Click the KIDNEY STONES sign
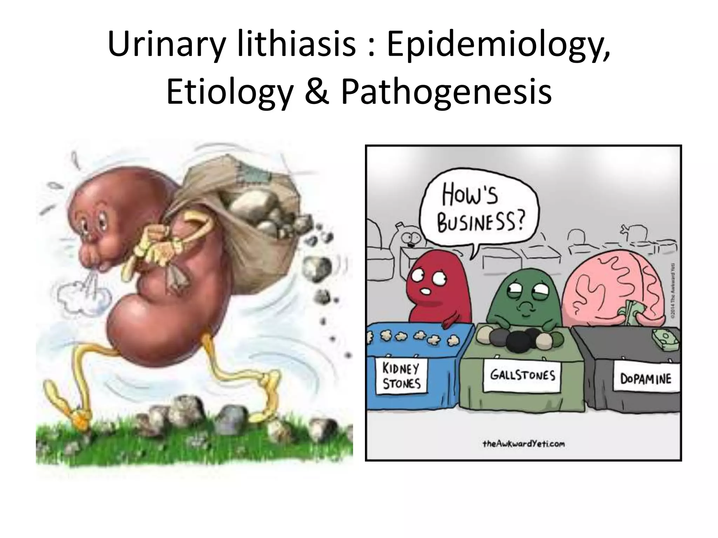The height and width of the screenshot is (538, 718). tap(401, 377)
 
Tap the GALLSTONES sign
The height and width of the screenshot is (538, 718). tap(522, 375)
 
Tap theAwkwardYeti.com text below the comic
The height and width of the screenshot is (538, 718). tap(523, 444)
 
